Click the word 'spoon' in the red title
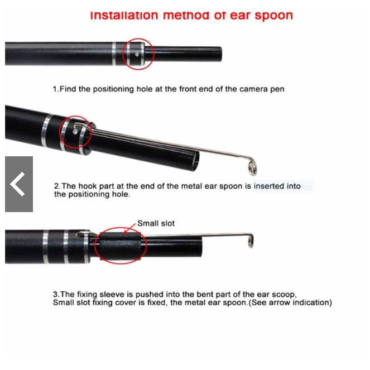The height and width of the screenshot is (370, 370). pyautogui.click(x=273, y=16)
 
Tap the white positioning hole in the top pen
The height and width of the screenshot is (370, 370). pyautogui.click(x=137, y=55)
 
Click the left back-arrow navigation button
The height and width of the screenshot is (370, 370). pyautogui.click(x=19, y=184)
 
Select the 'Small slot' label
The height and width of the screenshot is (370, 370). pyautogui.click(x=156, y=223)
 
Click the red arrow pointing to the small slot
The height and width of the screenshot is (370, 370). pyautogui.click(x=129, y=228)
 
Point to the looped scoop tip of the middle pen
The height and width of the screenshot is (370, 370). pyautogui.click(x=252, y=166)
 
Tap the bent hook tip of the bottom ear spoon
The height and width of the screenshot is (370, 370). pyautogui.click(x=251, y=240)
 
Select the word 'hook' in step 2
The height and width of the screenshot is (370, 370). pyautogui.click(x=88, y=186)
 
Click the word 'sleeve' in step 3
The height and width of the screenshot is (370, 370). pyautogui.click(x=112, y=295)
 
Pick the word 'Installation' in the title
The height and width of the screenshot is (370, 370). pyautogui.click(x=124, y=16)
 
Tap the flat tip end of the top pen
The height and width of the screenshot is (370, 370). pyautogui.click(x=220, y=54)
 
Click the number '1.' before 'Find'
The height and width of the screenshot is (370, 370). pyautogui.click(x=56, y=89)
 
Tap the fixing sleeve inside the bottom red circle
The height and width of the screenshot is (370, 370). pyautogui.click(x=121, y=246)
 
